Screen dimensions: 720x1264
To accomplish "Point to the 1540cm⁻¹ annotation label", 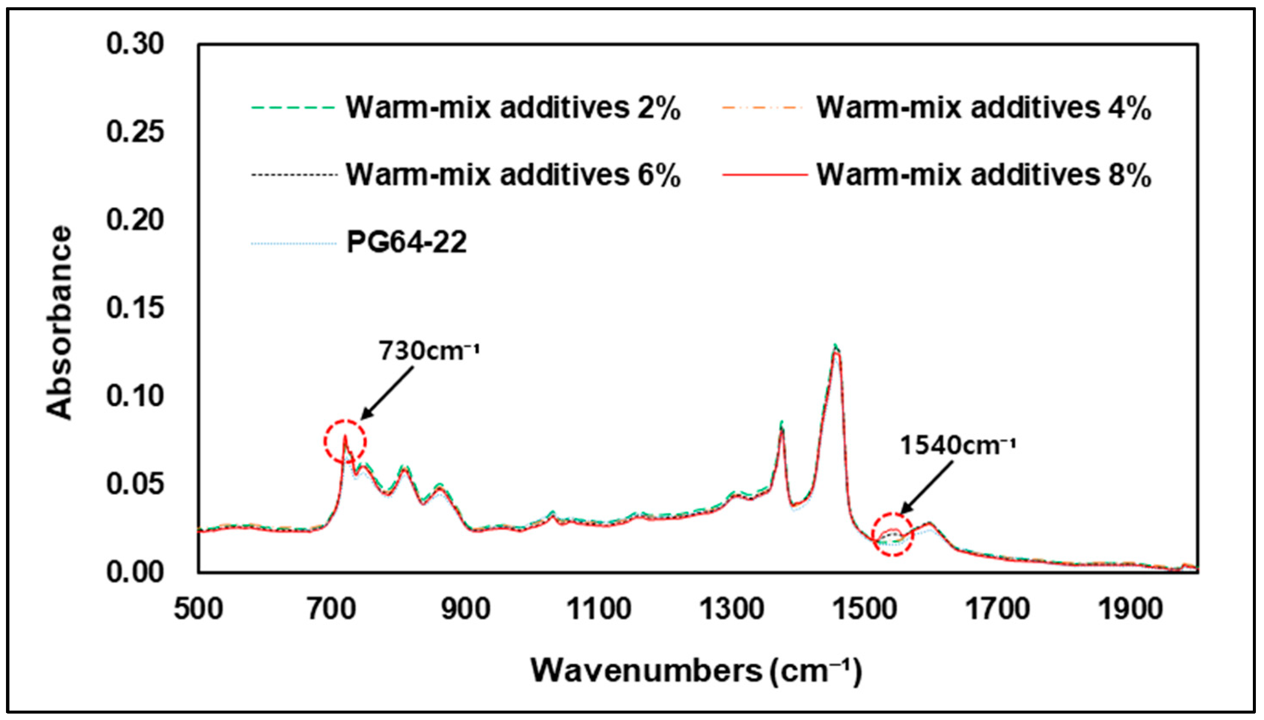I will [957, 445].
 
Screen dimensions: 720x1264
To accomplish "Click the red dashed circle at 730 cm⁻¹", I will [345, 442].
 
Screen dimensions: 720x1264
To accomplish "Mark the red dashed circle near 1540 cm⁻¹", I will [892, 535].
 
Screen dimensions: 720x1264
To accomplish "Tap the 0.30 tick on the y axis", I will [134, 44].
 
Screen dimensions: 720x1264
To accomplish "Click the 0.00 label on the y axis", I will [134, 572].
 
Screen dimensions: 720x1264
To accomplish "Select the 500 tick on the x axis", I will [198, 609].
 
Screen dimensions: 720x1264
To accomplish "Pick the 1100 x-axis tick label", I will [598, 609].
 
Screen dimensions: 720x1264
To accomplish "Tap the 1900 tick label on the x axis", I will [1130, 609].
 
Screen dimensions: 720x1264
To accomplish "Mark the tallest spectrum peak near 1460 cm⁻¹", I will [836, 348].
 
